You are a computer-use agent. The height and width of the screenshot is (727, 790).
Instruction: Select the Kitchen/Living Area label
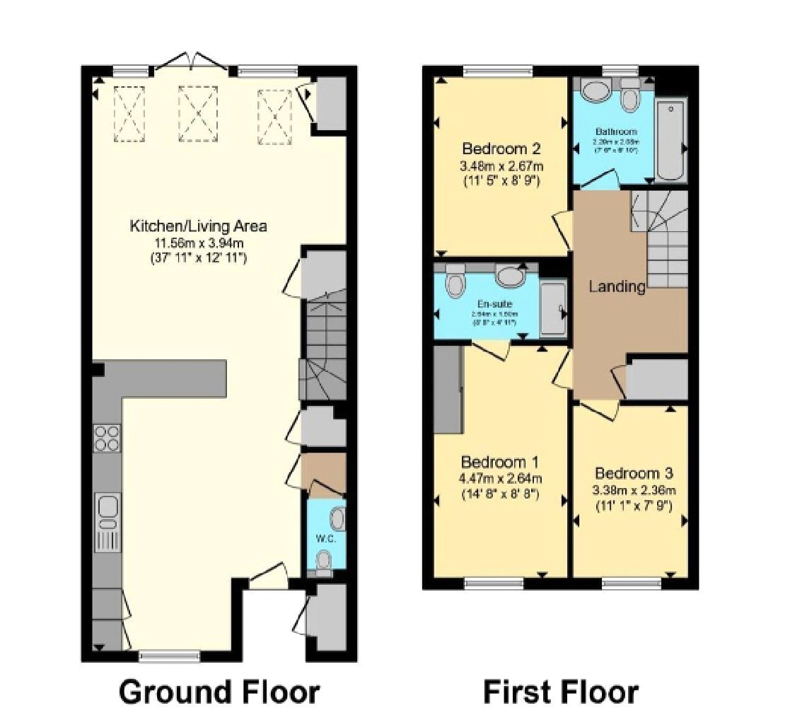pyautogui.click(x=198, y=226)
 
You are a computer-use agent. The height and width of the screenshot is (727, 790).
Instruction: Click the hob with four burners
pyautogui.click(x=107, y=438)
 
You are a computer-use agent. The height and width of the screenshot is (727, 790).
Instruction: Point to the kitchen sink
pyautogui.click(x=108, y=508)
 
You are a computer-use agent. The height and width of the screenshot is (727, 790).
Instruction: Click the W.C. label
pyautogui.click(x=325, y=538)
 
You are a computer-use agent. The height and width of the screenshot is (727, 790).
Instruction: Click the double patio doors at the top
pyautogui.click(x=191, y=65)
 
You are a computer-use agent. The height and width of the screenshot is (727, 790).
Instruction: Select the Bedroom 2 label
pyautogui.click(x=501, y=149)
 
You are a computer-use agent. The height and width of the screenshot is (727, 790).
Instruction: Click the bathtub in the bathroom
pyautogui.click(x=670, y=140)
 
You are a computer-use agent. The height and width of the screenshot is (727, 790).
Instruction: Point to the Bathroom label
pyautogui.click(x=615, y=132)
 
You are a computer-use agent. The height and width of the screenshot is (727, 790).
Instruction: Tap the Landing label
pyautogui.click(x=617, y=286)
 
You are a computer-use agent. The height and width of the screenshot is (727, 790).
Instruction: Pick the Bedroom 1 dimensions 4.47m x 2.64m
pyautogui.click(x=500, y=479)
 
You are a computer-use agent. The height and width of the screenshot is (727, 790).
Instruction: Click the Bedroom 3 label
pyautogui.click(x=633, y=473)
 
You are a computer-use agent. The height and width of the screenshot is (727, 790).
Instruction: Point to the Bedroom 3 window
pyautogui.click(x=632, y=583)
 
